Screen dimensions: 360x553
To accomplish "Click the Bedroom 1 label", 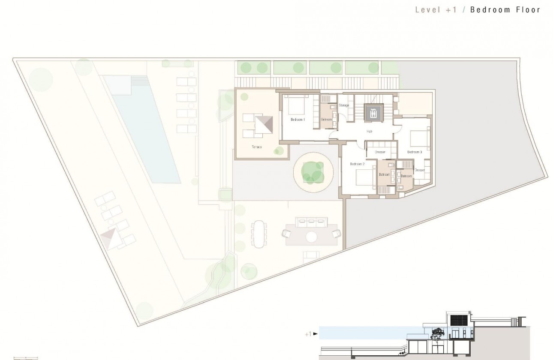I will point(298,120).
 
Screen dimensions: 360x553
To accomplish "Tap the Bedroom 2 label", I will point(357,164).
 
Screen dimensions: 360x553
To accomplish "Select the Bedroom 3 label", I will point(415,152).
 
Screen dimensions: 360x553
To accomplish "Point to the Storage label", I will point(344,105).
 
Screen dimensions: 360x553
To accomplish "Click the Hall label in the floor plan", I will point(369,132).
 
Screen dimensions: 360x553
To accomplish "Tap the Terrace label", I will point(257,147).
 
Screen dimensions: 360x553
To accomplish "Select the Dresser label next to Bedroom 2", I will point(380,152).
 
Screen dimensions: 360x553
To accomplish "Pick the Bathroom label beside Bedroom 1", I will point(327,120).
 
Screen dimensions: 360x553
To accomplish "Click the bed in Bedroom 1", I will point(295,104).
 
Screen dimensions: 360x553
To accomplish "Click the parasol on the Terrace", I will point(264,126).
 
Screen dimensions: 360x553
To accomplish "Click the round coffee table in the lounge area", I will point(312,236).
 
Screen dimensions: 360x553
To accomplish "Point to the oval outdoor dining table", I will point(258,234).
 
